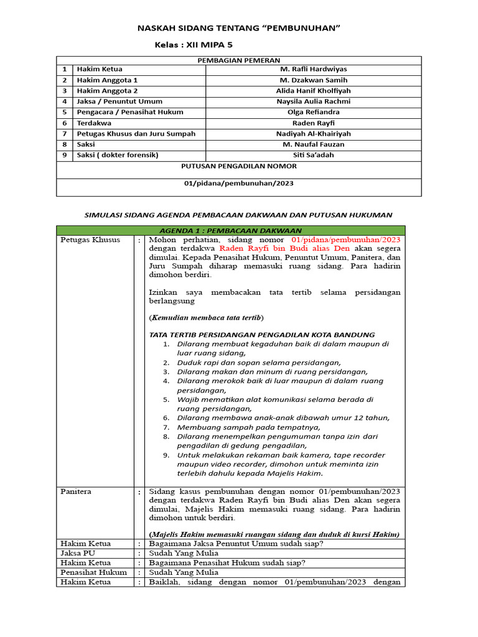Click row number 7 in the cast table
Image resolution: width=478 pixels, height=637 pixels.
coord(64,134)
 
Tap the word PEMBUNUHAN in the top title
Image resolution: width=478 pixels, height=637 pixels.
coord(304,29)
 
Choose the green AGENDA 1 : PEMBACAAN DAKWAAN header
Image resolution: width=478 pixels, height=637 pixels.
coord(230,230)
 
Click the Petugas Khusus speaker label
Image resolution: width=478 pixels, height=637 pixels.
coord(90,239)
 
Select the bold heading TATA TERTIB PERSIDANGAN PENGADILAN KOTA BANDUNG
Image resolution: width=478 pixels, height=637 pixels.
coord(262,334)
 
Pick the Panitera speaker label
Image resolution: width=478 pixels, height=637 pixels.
coord(76,491)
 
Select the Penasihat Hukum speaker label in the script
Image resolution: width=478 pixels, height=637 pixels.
coord(93,572)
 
